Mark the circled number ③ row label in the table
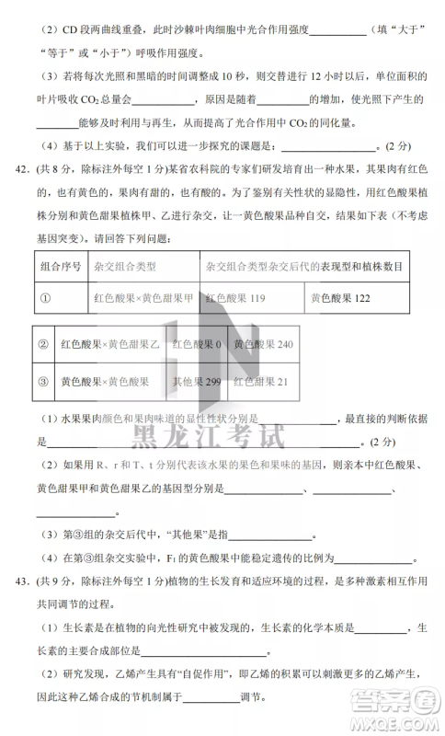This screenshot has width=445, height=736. point(42,381)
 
